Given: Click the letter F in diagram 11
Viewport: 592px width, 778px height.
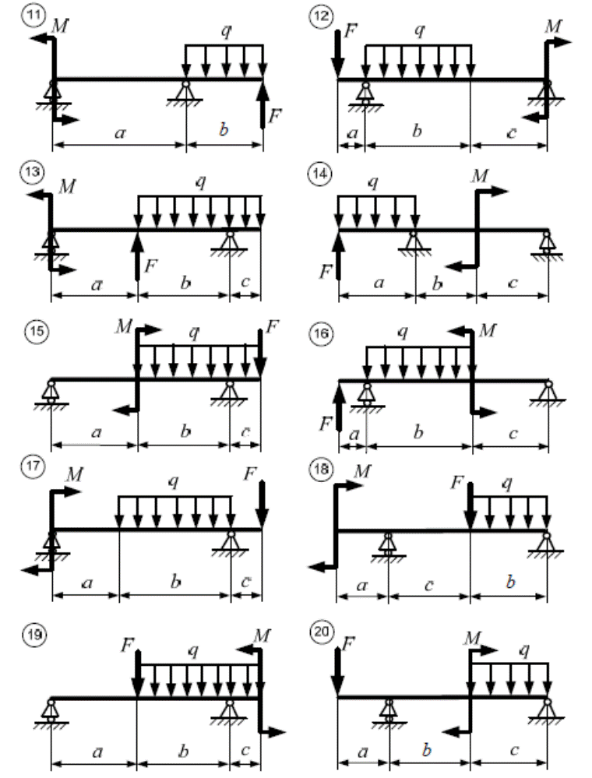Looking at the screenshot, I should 274,117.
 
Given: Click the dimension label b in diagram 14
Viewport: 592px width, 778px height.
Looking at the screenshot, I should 438,285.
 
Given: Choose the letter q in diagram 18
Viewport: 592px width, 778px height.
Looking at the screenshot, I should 508,483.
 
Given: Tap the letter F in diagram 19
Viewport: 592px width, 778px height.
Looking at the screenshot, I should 127,645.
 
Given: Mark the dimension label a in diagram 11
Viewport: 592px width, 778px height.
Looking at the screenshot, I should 119,133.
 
